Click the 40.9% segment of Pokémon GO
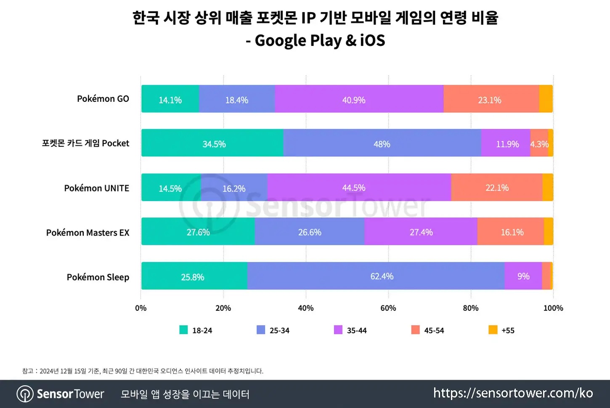point(359,98)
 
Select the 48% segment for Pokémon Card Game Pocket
point(382,143)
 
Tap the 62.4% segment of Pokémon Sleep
point(376,276)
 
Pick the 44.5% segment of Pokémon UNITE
point(359,187)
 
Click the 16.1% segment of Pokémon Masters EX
point(511,231)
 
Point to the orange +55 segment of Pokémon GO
point(546,98)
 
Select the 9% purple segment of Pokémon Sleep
point(523,276)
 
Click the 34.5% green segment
point(212,143)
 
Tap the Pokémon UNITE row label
point(97,188)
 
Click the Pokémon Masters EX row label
point(88,233)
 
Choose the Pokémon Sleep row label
point(98,277)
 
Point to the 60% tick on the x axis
point(388,308)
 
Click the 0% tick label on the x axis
point(141,308)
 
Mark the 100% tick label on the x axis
point(553,308)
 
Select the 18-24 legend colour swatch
point(183,330)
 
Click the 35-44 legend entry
point(350,330)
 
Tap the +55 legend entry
point(501,330)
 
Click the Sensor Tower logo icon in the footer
point(25,394)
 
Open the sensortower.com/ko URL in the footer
point(513,393)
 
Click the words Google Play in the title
point(298,40)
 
